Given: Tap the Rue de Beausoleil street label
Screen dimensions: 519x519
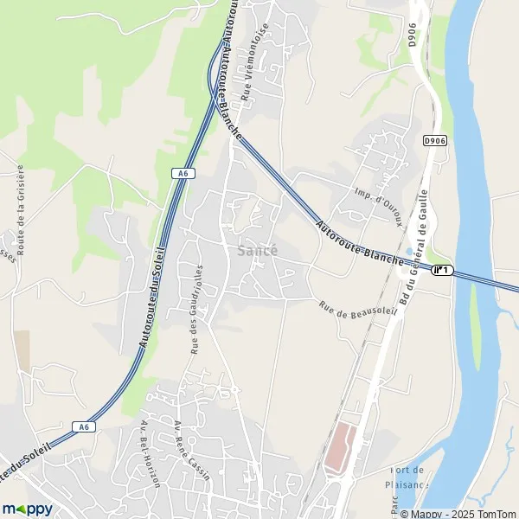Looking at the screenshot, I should tap(356, 311).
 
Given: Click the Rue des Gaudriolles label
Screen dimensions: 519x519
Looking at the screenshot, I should tap(196, 309).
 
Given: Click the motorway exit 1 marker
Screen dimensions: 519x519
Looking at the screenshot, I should tap(443, 271).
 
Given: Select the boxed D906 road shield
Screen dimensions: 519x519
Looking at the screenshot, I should tap(434, 140).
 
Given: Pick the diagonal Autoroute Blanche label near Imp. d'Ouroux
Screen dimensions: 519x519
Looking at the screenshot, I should tap(361, 243).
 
